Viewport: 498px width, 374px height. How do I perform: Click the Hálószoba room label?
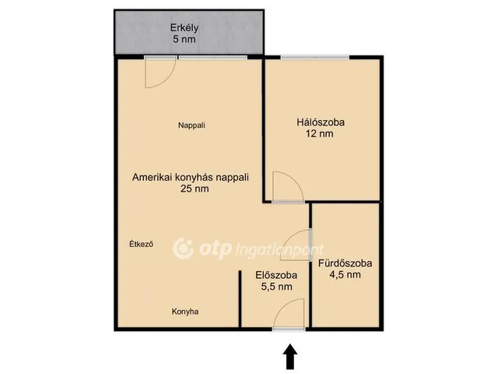point(320,122)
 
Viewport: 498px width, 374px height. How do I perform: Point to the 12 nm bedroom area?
point(320,134)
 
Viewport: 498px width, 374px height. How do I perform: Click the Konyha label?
point(185,312)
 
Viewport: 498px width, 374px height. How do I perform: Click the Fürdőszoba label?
point(345,263)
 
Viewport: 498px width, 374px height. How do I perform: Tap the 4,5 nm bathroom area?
point(345,274)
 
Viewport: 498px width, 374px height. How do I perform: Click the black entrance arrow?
point(289,357)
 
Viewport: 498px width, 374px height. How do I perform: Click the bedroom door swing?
point(285,187)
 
